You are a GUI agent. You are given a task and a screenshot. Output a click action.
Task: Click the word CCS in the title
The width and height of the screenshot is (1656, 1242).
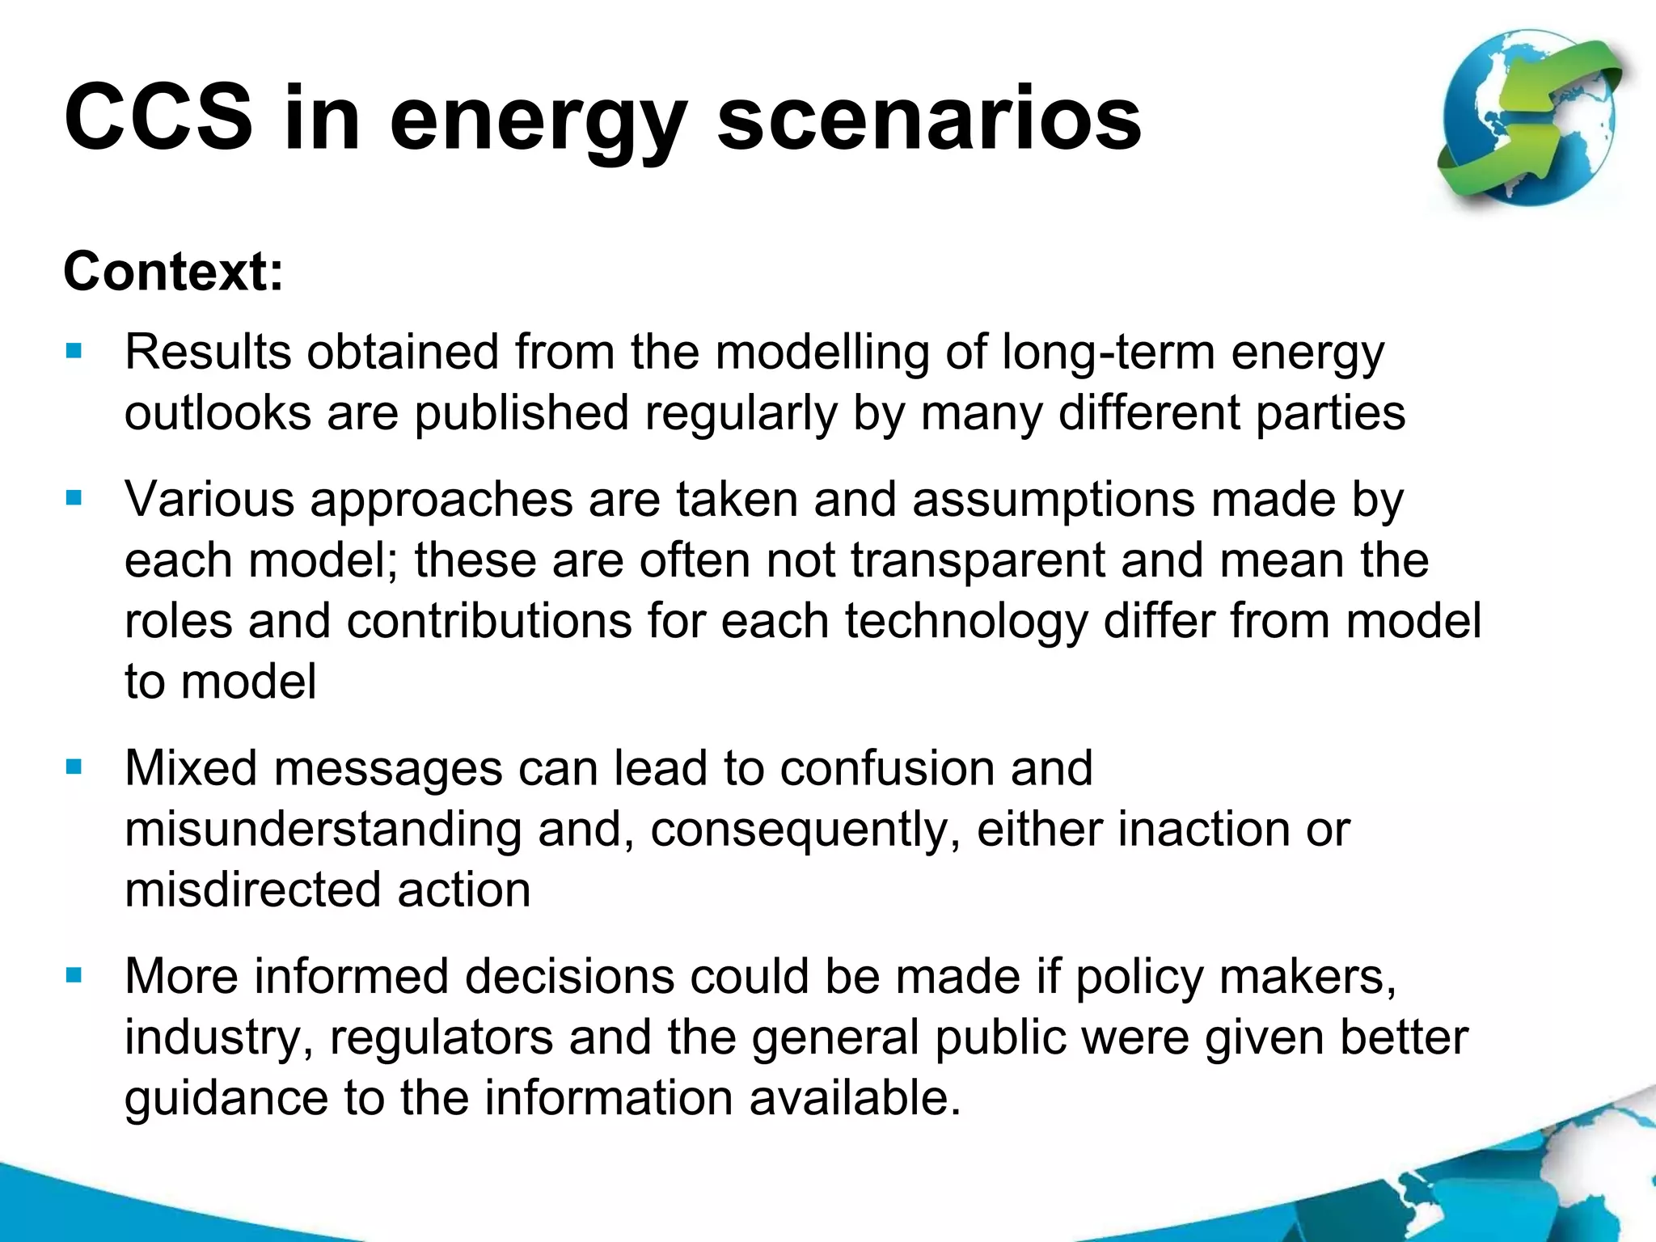pyautogui.click(x=158, y=118)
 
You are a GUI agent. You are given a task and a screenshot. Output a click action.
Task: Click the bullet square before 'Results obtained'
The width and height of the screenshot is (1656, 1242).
pyautogui.click(x=74, y=352)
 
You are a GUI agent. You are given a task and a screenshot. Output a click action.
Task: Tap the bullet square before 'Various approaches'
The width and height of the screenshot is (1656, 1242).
pyautogui.click(x=74, y=498)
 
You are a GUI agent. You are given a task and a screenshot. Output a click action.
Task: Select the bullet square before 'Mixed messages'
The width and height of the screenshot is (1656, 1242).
pyautogui.click(x=74, y=767)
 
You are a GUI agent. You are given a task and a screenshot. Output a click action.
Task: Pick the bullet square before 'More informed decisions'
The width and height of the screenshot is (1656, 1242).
pyautogui.click(x=74, y=975)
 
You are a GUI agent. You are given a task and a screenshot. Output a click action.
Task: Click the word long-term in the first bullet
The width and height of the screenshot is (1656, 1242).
pyautogui.click(x=1108, y=353)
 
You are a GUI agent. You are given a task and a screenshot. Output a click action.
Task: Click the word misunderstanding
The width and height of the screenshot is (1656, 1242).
pyautogui.click(x=323, y=829)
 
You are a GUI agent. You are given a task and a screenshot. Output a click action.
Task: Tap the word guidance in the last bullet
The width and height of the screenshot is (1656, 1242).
pyautogui.click(x=226, y=1099)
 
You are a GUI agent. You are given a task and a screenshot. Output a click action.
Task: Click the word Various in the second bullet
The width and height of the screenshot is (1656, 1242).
pyautogui.click(x=209, y=499)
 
